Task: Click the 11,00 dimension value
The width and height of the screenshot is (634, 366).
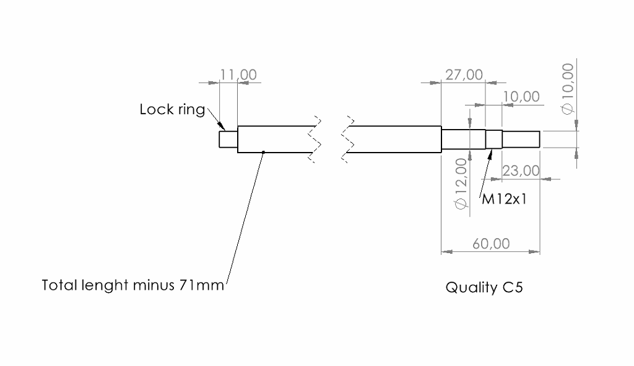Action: pyautogui.click(x=238, y=75)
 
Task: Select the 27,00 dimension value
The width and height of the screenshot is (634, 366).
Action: pyautogui.click(x=464, y=75)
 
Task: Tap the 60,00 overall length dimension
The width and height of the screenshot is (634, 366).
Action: pyautogui.click(x=491, y=244)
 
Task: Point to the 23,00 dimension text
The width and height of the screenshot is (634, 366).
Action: pyautogui.click(x=521, y=171)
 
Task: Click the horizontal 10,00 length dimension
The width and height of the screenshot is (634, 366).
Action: pyautogui.click(x=521, y=97)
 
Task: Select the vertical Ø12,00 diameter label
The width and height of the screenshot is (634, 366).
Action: pyautogui.click(x=461, y=184)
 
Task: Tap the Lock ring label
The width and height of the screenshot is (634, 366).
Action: pyautogui.click(x=172, y=110)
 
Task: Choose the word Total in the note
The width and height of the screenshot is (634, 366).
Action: pyautogui.click(x=59, y=285)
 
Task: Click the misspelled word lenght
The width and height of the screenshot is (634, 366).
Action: pyautogui.click(x=106, y=286)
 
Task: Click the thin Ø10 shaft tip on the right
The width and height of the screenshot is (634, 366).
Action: pyautogui.click(x=521, y=140)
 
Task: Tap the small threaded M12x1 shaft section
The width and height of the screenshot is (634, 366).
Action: pyautogui.click(x=493, y=140)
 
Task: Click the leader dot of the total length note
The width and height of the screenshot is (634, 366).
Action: pyautogui.click(x=263, y=151)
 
